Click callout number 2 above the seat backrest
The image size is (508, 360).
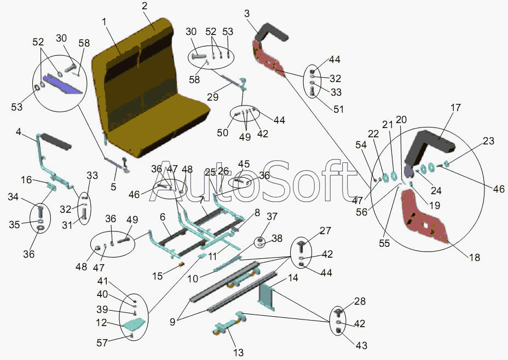point(145,7)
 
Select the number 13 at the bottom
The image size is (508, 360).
point(239,352)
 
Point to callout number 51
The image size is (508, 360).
point(338,109)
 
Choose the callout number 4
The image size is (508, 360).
point(19,132)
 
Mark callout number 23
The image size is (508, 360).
point(488,141)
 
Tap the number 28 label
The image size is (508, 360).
point(360,302)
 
